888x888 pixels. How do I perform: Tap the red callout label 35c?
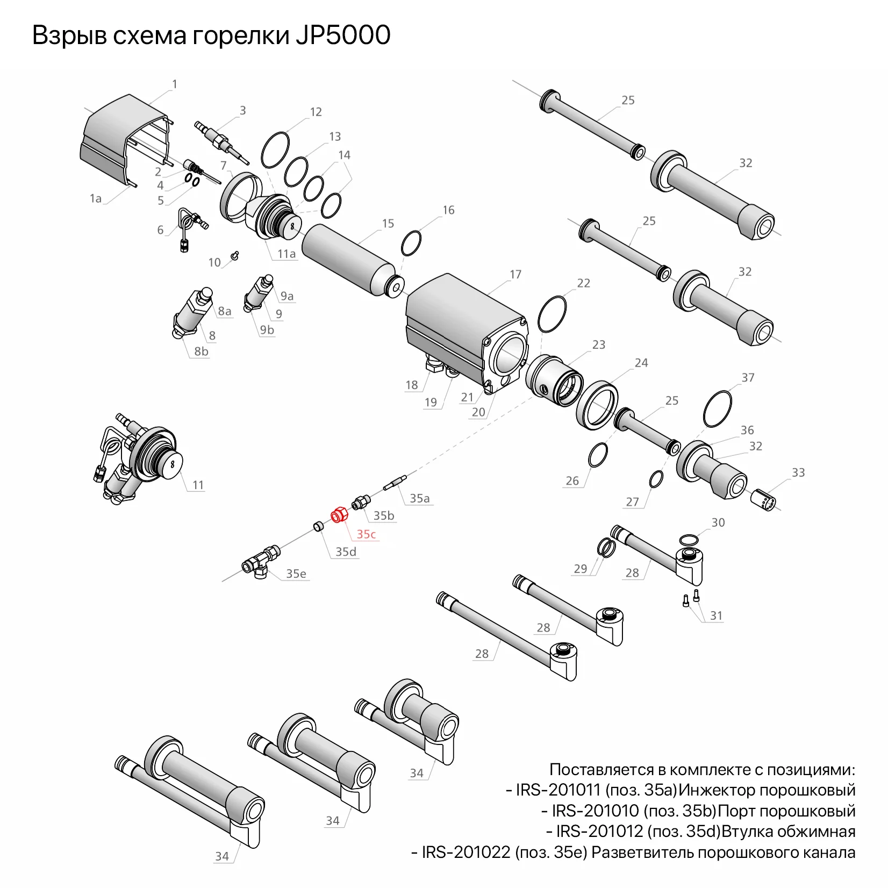[x=366, y=534]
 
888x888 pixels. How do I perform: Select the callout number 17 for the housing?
[x=515, y=275]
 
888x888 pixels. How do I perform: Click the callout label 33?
[x=798, y=472]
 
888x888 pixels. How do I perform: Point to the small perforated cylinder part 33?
[x=763, y=500]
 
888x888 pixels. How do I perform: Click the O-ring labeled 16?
[x=411, y=244]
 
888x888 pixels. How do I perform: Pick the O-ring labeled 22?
[x=552, y=314]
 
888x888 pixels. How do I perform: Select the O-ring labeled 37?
[x=718, y=409]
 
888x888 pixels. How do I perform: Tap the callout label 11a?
[x=287, y=254]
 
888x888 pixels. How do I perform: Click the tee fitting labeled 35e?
[x=261, y=561]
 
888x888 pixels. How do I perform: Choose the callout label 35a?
[x=420, y=498]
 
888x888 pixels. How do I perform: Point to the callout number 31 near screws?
[x=717, y=615]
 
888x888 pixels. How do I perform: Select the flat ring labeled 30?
[x=689, y=540]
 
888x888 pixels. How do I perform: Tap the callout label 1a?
[x=96, y=198]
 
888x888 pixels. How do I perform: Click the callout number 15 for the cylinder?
[x=388, y=224]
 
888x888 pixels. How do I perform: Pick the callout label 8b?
[x=201, y=352]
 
